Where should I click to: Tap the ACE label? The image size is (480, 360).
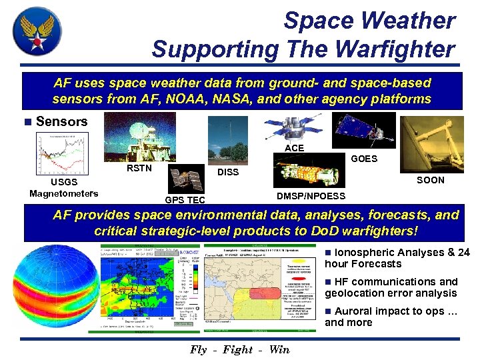pyautogui.click(x=294, y=148)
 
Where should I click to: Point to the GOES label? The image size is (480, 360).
pyautogui.click(x=364, y=159)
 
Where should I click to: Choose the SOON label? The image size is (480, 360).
pyautogui.click(x=430, y=180)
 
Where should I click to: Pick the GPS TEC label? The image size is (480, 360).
pyautogui.click(x=185, y=200)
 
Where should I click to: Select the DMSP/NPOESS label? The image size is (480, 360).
pyautogui.click(x=311, y=196)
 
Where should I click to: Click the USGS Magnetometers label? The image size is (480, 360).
pyautogui.click(x=64, y=188)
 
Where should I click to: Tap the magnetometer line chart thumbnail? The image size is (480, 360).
pyautogui.click(x=63, y=154)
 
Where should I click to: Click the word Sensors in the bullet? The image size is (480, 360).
pyautogui.click(x=62, y=121)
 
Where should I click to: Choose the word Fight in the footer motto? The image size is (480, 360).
pyautogui.click(x=237, y=350)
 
